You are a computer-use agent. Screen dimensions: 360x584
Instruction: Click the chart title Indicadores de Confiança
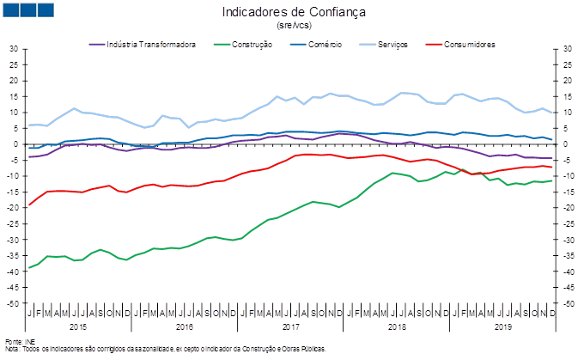point(293,12)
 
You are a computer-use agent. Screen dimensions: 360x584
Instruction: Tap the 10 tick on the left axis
point(14,113)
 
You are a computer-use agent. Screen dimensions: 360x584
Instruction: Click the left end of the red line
point(29,205)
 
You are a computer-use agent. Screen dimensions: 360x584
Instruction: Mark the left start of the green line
point(29,268)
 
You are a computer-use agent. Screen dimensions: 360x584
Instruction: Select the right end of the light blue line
point(552,113)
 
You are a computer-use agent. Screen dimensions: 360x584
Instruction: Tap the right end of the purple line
point(552,159)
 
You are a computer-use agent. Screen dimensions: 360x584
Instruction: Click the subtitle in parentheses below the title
point(292,25)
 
